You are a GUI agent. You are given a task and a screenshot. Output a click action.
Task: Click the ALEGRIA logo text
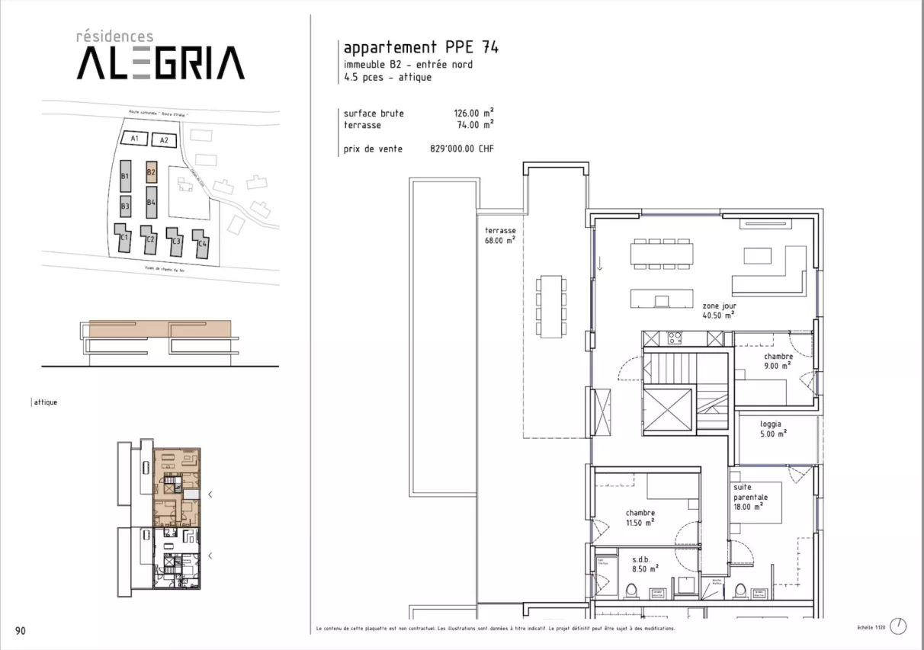click(160, 62)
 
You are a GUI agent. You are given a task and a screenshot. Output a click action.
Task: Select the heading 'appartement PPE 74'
click(421, 47)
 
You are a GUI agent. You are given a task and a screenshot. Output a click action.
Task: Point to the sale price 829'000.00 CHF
click(462, 149)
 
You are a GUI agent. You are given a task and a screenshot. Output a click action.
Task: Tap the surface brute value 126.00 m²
click(473, 114)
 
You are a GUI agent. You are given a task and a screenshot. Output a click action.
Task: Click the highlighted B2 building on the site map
click(151, 173)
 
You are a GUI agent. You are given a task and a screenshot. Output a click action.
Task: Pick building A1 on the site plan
click(134, 139)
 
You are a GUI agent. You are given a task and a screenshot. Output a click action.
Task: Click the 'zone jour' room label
click(719, 309)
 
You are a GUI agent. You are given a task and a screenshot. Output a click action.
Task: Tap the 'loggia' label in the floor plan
click(772, 428)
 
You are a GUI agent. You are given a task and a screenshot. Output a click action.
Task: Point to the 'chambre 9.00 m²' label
click(778, 360)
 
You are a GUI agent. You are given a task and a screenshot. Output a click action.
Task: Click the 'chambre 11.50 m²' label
click(640, 518)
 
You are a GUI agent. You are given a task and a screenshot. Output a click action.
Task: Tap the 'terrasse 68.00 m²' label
click(500, 235)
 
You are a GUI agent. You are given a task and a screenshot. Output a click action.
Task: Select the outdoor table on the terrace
click(551, 305)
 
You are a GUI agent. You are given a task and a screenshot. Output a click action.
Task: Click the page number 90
click(21, 630)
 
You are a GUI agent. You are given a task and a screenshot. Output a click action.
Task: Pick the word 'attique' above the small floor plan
click(45, 402)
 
